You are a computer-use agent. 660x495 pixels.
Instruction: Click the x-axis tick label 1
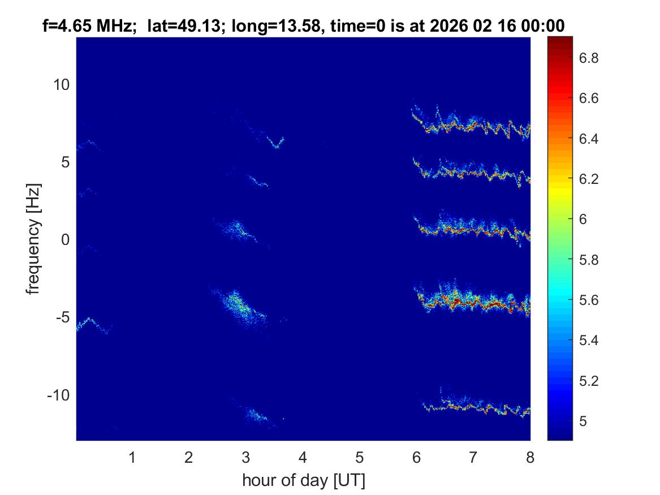pyautogui.click(x=132, y=458)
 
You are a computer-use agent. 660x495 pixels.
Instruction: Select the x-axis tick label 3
pyautogui.click(x=245, y=458)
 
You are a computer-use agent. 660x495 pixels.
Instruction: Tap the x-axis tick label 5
pyautogui.click(x=359, y=458)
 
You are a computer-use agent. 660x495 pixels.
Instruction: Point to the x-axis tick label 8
pyautogui.click(x=530, y=458)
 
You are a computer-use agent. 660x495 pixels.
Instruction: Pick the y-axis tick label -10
pyautogui.click(x=57, y=395)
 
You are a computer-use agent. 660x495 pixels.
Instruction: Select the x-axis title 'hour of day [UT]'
pyautogui.click(x=303, y=481)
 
